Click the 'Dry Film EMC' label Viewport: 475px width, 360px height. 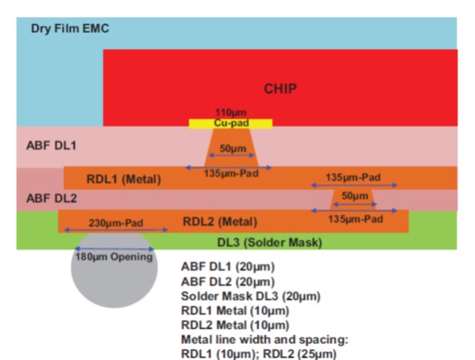click(x=70, y=29)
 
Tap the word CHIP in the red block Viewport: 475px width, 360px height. click(x=280, y=88)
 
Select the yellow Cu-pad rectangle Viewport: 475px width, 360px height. click(x=231, y=124)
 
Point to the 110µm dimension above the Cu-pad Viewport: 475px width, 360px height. click(x=231, y=112)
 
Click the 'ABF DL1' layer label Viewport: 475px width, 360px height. click(x=51, y=145)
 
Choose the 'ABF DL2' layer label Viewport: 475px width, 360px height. click(x=51, y=198)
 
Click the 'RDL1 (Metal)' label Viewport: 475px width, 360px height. click(x=124, y=179)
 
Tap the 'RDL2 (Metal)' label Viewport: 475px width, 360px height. click(x=220, y=222)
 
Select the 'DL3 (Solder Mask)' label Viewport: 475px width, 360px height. click(x=269, y=243)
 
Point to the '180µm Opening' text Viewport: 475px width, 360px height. click(x=114, y=257)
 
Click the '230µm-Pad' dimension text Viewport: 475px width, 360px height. click(x=116, y=223)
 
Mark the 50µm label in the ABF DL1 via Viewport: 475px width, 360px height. click(x=232, y=149)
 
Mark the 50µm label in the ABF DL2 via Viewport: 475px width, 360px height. click(x=355, y=196)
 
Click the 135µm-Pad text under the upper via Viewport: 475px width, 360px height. click(x=231, y=174)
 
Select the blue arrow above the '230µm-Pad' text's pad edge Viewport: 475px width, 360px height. click(x=117, y=230)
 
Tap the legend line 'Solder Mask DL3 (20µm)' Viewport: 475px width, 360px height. click(x=251, y=296)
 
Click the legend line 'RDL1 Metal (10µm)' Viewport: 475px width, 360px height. click(x=235, y=311)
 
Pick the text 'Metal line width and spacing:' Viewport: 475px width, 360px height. click(x=264, y=340)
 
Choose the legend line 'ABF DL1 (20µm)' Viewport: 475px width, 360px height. click(x=227, y=267)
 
